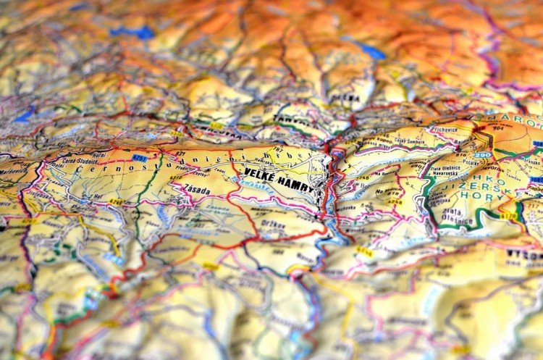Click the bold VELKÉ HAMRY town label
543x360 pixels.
click(279, 180)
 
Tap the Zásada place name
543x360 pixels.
click(197, 190)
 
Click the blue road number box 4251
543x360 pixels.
click(139, 157)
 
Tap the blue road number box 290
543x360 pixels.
click(483, 154)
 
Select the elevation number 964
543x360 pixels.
click(498, 128)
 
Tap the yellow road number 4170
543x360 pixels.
click(509, 215)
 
